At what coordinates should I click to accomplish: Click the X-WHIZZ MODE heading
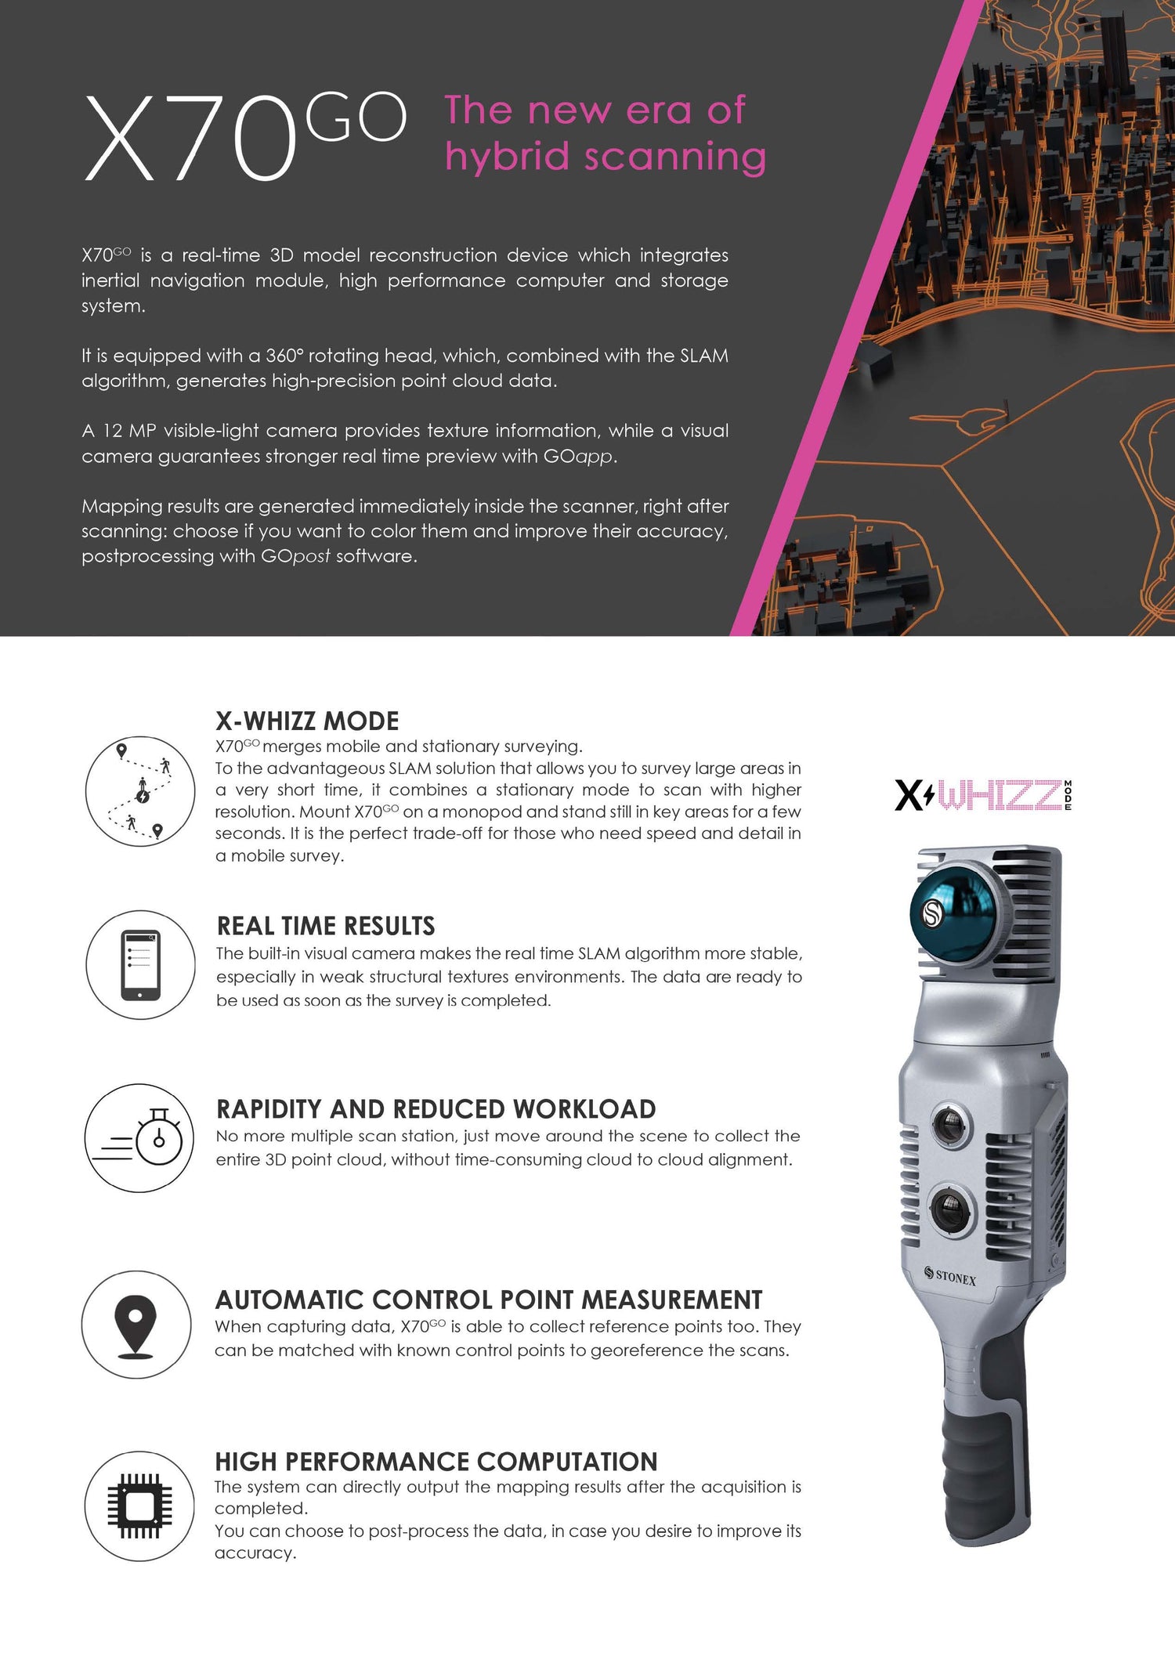[x=307, y=721]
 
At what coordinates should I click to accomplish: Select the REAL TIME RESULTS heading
[x=325, y=926]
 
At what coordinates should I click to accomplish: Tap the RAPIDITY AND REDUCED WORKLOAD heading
[x=436, y=1109]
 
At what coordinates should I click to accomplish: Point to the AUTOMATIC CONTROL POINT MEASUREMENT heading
[x=488, y=1300]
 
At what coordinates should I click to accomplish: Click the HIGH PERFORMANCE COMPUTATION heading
[x=436, y=1462]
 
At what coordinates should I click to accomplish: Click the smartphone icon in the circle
[x=140, y=965]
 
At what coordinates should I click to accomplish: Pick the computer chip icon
[x=139, y=1506]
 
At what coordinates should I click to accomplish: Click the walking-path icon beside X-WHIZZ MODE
[x=139, y=791]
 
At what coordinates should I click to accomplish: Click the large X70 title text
[x=190, y=139]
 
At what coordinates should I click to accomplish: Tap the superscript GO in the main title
[x=355, y=117]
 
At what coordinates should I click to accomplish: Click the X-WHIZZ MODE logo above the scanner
[x=982, y=795]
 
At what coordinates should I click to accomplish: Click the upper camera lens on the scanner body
[x=949, y=1126]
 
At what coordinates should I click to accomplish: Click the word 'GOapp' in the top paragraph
[x=578, y=456]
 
